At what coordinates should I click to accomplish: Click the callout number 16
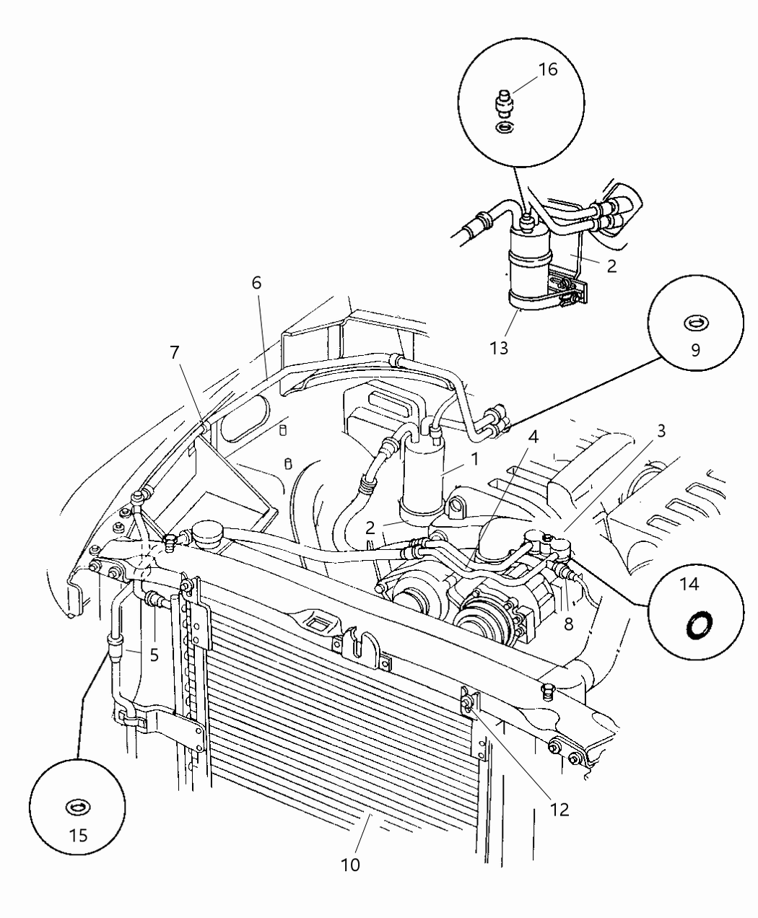point(548,70)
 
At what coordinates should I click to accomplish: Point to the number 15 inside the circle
point(78,835)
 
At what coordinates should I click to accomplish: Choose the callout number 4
point(533,438)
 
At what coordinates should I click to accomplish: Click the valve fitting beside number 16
point(503,104)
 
